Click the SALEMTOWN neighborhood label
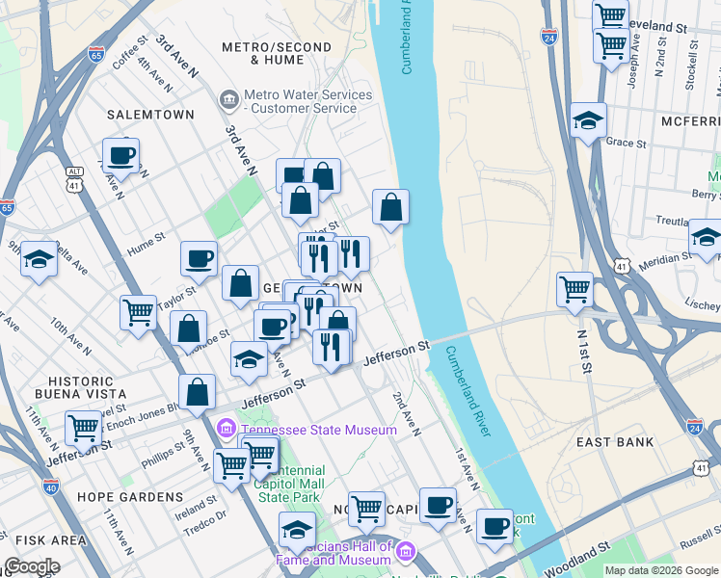(x=150, y=115)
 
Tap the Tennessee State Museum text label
(x=318, y=430)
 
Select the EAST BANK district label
(x=615, y=442)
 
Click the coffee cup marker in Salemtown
(x=120, y=155)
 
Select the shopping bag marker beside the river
(x=390, y=207)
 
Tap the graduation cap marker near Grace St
(x=588, y=120)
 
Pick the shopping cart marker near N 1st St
(x=574, y=288)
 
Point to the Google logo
(x=31, y=566)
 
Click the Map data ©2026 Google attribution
(x=661, y=570)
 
